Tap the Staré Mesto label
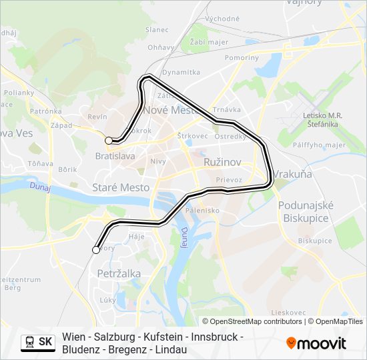pyautogui.click(x=121, y=188)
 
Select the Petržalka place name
pyautogui.click(x=119, y=273)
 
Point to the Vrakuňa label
pyautogui.click(x=293, y=174)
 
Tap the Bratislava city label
pyautogui.click(x=115, y=156)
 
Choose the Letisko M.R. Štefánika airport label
pyautogui.click(x=322, y=119)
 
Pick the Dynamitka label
pyautogui.click(x=181, y=72)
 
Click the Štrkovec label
pyautogui.click(x=192, y=136)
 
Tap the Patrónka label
pyautogui.click(x=46, y=111)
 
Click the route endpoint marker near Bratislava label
pyautogui.click(x=109, y=141)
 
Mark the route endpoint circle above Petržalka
pyautogui.click(x=96, y=250)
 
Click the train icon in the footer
pyautogui.click(x=29, y=342)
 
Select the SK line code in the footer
pyautogui.click(x=45, y=342)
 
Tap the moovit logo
pyautogui.click(x=316, y=343)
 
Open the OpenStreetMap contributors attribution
pyautogui.click(x=254, y=321)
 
